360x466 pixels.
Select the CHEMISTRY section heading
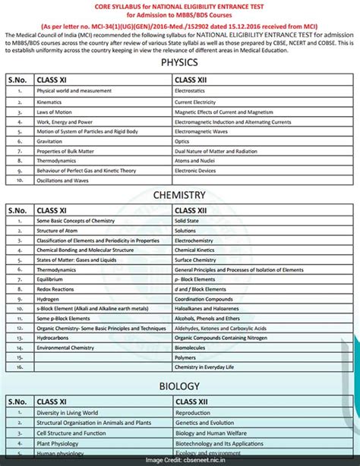coord(180,195)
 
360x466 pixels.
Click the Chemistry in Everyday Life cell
coord(208,368)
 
